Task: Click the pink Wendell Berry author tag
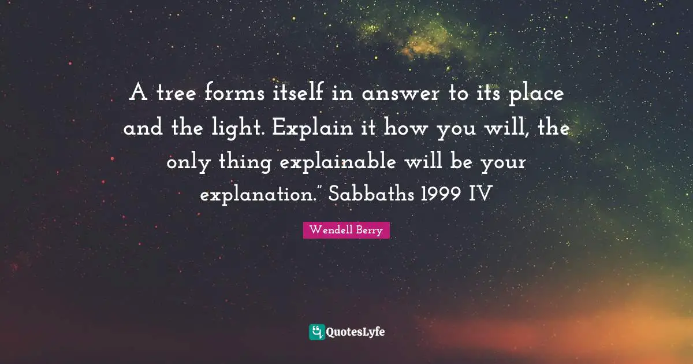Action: pos(346,230)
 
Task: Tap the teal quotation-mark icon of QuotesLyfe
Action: pos(317,332)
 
